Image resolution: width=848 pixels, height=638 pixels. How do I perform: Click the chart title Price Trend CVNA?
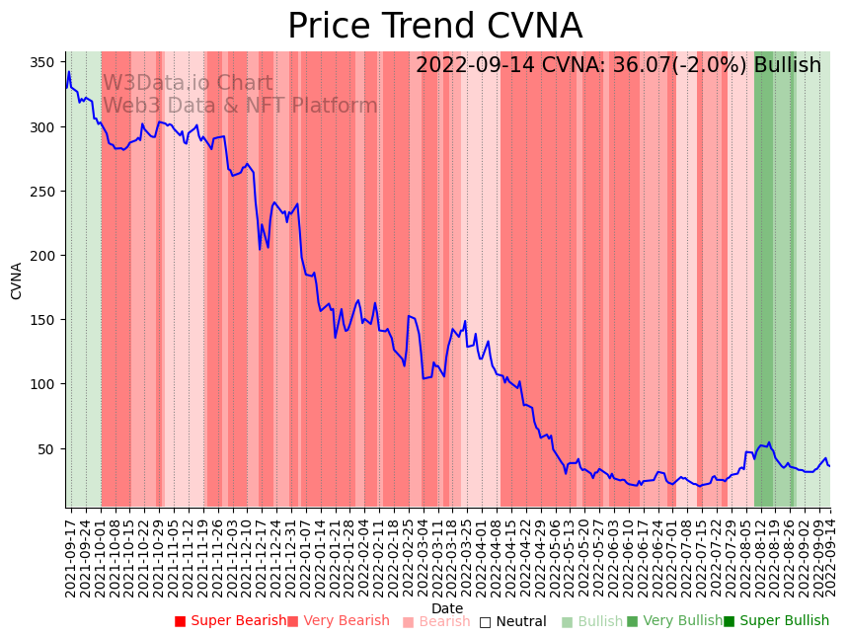click(434, 26)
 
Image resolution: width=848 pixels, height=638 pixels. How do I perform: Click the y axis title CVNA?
click(17, 280)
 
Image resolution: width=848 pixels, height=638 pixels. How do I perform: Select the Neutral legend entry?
click(512, 621)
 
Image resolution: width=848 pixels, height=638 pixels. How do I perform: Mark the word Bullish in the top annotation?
click(787, 65)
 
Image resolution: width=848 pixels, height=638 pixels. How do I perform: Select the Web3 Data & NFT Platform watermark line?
click(240, 106)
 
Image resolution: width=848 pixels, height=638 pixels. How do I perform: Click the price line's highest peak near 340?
click(69, 71)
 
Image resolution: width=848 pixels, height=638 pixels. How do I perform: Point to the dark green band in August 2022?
click(763, 277)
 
